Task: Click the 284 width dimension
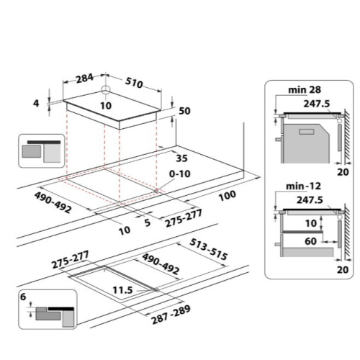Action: pos(84,78)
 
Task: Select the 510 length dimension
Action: pos(134,83)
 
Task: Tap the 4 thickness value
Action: pos(36,103)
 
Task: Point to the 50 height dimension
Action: pos(184,111)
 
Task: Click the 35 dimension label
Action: pos(181,158)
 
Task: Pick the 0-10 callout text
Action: pos(180,174)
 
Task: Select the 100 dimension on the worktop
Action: pos(228,196)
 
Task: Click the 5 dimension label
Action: pos(148,222)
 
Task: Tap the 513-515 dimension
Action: pos(208,250)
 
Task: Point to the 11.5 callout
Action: pos(122,290)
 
